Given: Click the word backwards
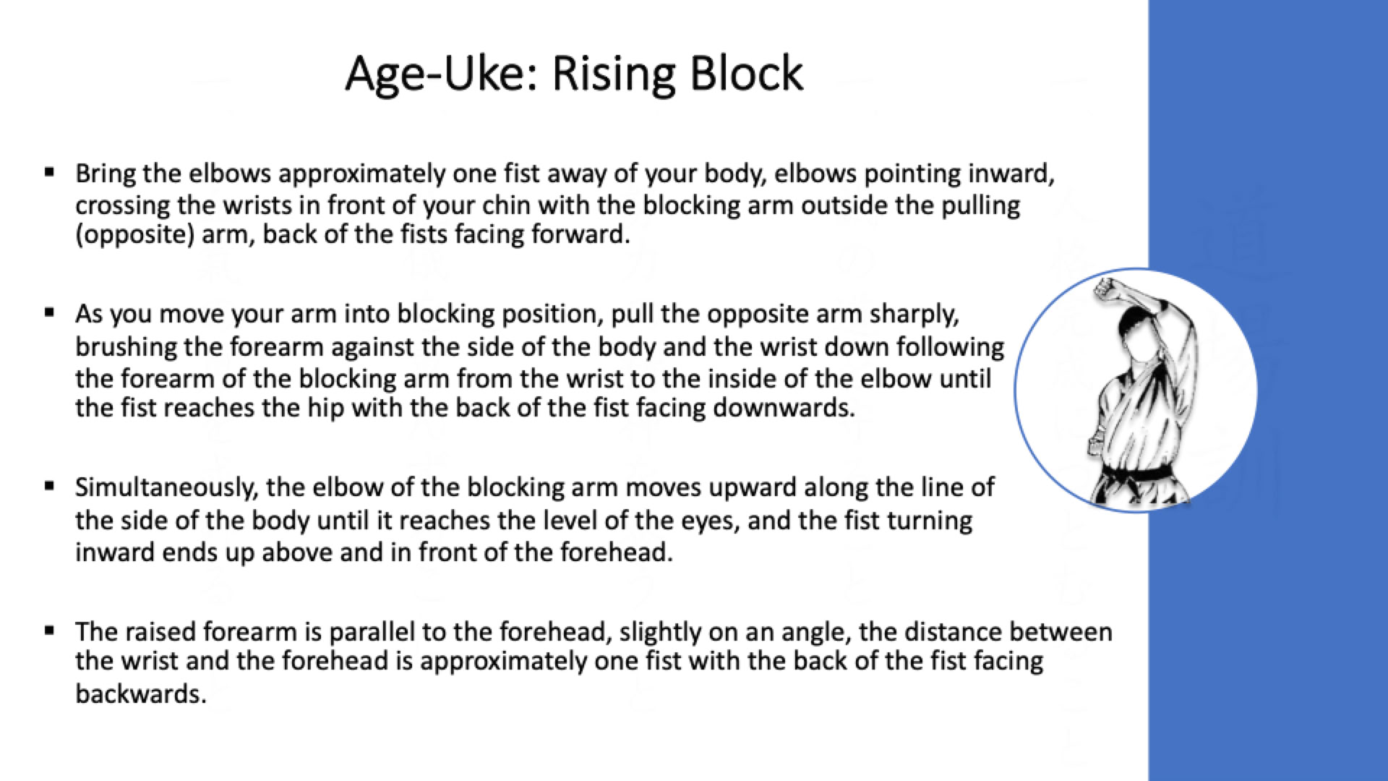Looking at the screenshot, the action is click(x=141, y=693).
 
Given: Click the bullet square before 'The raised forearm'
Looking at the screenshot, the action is click(x=49, y=631).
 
